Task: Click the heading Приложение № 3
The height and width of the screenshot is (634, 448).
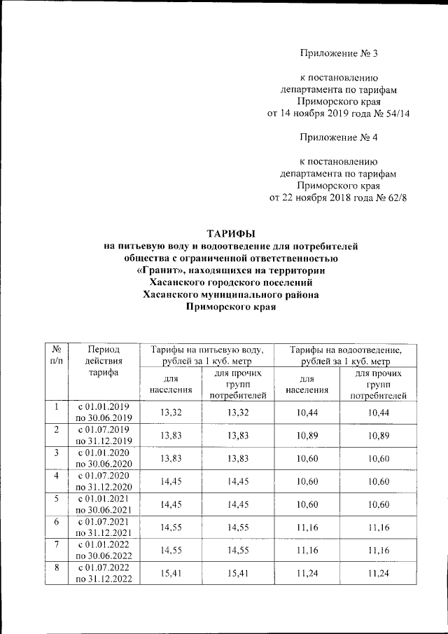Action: coord(338,53)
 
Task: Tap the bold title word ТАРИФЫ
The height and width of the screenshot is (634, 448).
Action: coord(230,233)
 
